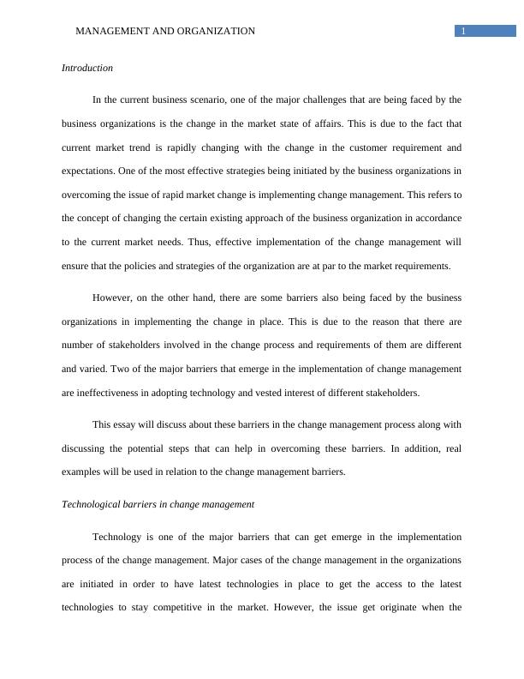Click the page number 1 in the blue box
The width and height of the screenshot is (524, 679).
click(x=463, y=31)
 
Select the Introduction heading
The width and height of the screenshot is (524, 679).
click(x=87, y=68)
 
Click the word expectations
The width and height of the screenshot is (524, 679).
click(x=89, y=171)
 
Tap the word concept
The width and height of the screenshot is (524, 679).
click(x=96, y=219)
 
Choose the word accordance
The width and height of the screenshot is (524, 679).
click(x=437, y=219)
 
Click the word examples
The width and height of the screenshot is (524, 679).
click(x=84, y=472)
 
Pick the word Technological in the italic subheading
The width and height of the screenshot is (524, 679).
click(x=92, y=504)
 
